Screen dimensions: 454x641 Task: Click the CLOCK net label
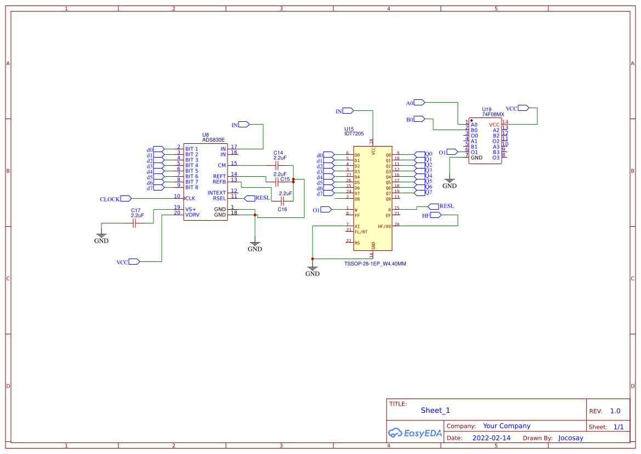[110, 199]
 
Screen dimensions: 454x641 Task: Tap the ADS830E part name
[213, 140]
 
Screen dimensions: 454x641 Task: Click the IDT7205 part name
[354, 133]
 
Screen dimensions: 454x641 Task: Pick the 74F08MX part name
[493, 114]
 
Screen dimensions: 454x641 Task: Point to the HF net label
[426, 216]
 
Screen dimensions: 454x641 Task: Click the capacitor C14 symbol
[277, 165]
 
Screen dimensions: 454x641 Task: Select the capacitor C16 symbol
[282, 201]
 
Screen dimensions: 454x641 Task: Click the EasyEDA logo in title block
[415, 433]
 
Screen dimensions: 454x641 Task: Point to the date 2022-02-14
[491, 438]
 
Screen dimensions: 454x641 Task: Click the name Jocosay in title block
[570, 438]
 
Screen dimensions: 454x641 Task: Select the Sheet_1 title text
[435, 410]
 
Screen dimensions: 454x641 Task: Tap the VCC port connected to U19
[523, 108]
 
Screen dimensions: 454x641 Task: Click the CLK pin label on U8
[190, 198]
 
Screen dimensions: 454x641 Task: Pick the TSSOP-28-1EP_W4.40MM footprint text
[375, 264]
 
